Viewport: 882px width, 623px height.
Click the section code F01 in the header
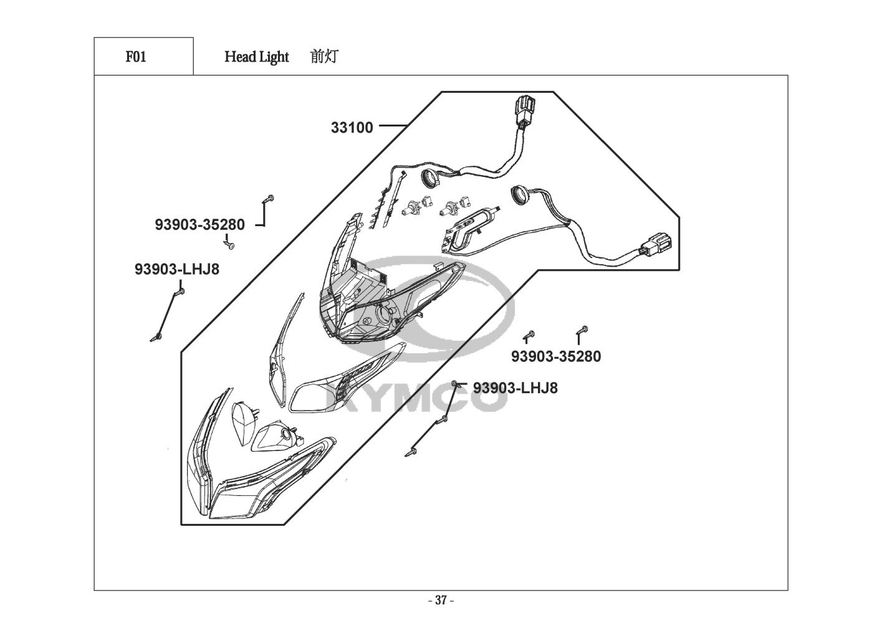(136, 57)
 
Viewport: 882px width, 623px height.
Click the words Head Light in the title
(256, 57)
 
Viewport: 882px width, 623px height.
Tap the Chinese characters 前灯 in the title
(324, 57)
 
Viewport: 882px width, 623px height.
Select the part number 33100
(352, 128)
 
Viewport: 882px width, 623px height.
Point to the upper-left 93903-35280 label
(199, 224)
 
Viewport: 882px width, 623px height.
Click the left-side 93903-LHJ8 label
(177, 269)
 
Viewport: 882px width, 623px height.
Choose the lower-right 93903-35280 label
(556, 356)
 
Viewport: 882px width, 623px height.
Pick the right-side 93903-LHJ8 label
(515, 388)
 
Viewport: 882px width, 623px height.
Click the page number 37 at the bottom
(441, 601)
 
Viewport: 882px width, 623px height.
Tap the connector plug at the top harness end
(524, 108)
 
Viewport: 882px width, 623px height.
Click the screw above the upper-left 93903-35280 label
(269, 199)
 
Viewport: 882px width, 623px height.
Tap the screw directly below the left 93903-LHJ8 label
(180, 290)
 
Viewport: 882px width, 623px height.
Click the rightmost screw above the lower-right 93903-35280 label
(584, 330)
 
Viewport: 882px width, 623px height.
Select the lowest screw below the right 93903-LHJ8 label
(412, 450)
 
